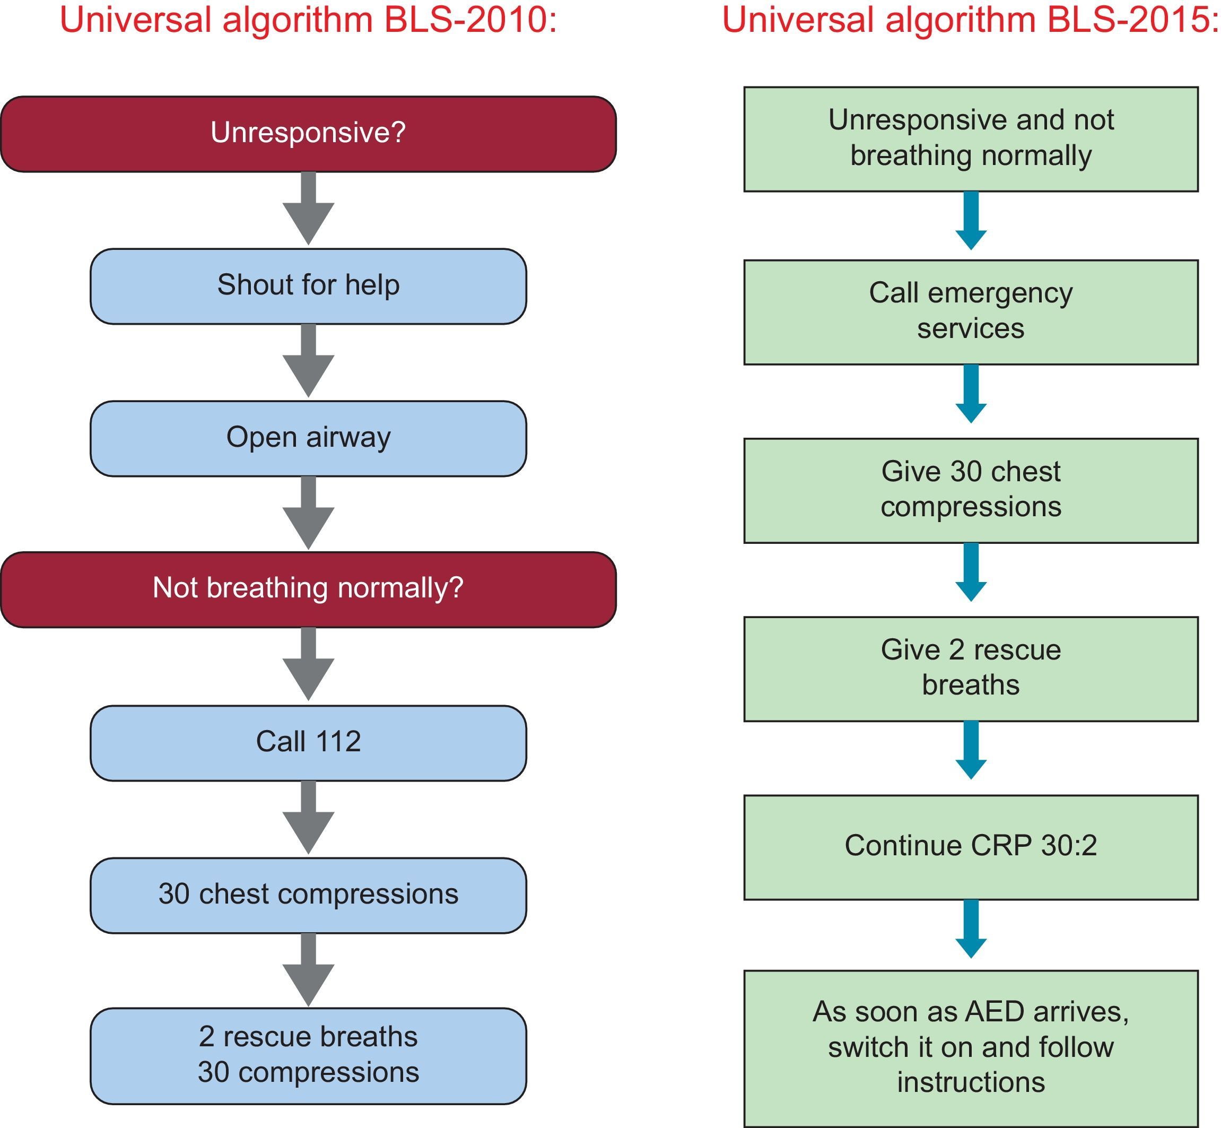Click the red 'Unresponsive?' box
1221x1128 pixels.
click(x=308, y=134)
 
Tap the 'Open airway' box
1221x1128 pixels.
click(x=308, y=438)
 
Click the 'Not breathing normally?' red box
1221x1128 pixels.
click(x=308, y=589)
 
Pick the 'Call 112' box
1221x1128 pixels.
click(x=308, y=743)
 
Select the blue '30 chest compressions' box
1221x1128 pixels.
click(x=308, y=895)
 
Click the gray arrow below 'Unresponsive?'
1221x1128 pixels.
click(x=308, y=211)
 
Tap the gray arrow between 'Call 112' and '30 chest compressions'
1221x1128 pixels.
click(x=308, y=819)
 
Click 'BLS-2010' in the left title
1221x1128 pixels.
click(x=470, y=20)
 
